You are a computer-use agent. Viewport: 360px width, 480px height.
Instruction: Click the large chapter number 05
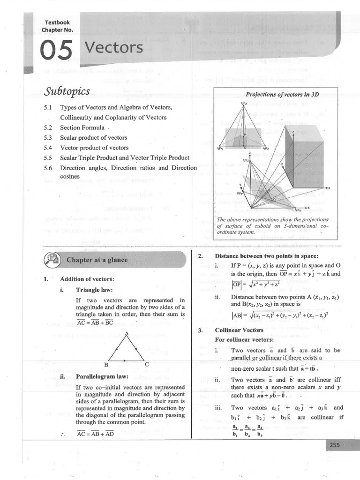point(56,50)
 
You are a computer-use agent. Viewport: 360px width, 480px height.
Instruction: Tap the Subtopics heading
point(67,90)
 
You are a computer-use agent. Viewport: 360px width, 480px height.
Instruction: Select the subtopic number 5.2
point(47,127)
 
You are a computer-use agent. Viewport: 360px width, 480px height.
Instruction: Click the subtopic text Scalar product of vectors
point(94,138)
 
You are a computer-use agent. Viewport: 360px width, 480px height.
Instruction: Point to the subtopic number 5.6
point(47,168)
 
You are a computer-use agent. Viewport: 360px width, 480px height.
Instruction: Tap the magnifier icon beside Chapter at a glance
point(52,260)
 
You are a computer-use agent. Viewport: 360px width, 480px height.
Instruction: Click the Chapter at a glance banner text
point(97,260)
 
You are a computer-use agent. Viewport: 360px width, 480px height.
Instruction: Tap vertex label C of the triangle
point(147,364)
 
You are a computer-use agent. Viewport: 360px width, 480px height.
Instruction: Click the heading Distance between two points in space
point(265,256)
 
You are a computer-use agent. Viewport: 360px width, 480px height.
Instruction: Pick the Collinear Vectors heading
point(240,330)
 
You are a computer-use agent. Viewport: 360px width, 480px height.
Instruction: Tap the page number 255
point(334,445)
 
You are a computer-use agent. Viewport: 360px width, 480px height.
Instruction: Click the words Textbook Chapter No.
point(57,26)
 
